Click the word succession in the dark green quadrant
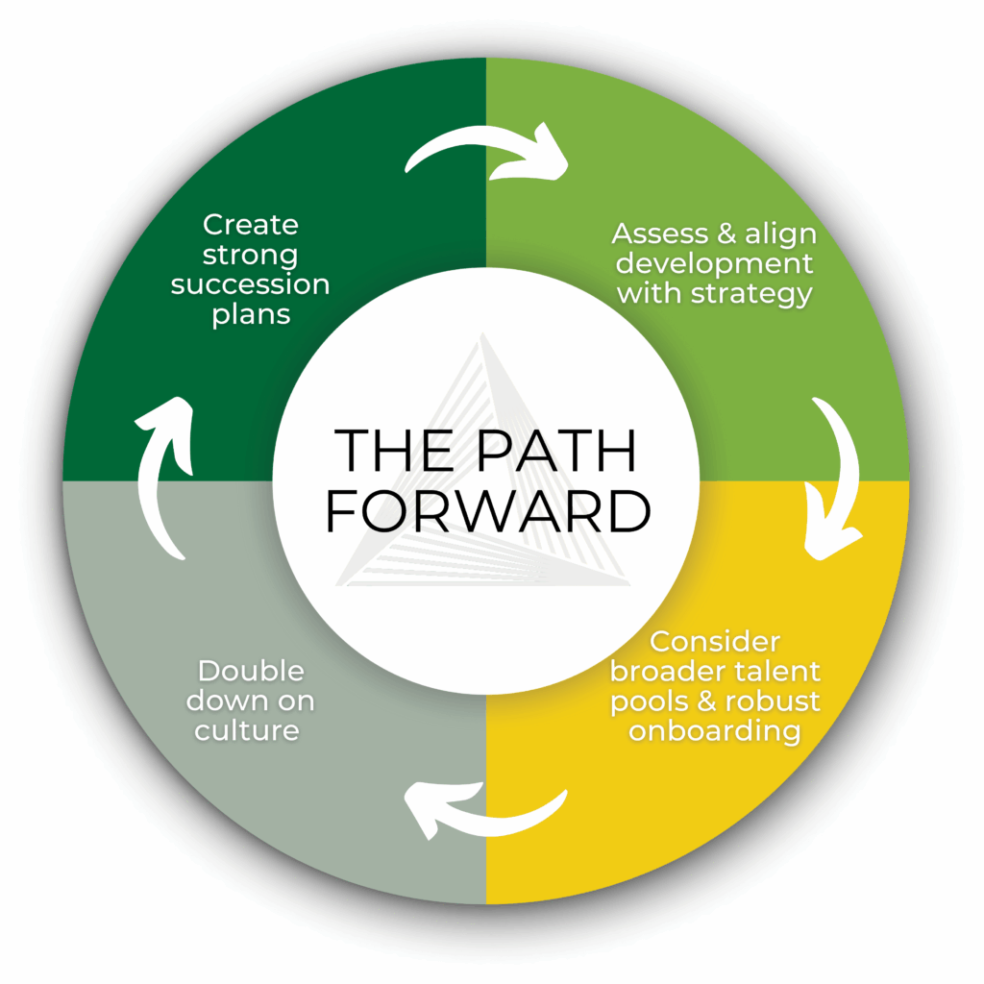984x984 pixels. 251,285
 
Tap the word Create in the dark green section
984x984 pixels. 251,225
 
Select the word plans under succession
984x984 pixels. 251,314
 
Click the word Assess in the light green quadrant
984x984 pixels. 653,234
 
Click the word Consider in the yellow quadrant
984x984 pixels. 715,641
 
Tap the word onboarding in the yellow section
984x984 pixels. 715,730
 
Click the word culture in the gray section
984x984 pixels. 247,729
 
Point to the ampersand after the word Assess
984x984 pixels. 714,234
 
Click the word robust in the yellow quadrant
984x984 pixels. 775,701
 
